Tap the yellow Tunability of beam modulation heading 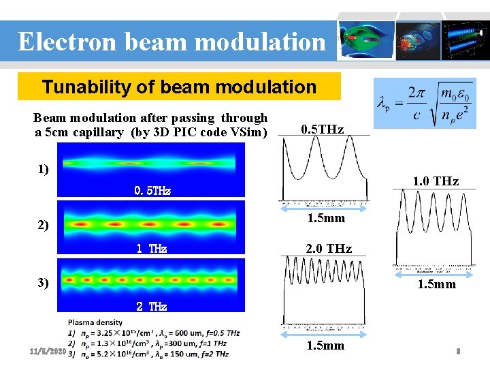click(x=179, y=87)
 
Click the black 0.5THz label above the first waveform click(x=322, y=129)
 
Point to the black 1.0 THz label click(x=436, y=181)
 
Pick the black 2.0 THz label click(x=329, y=249)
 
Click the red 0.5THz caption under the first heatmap click(x=152, y=191)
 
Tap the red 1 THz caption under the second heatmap click(x=152, y=249)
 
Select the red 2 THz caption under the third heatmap click(x=151, y=307)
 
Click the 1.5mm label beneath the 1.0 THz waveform click(x=436, y=284)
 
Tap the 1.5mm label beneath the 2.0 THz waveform click(x=326, y=346)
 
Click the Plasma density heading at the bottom click(x=95, y=322)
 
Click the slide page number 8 click(x=459, y=352)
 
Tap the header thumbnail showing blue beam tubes click(x=465, y=41)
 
